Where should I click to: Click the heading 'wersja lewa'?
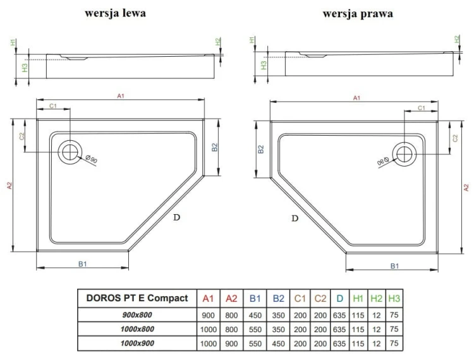coord(116,13)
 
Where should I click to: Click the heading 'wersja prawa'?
coord(357,13)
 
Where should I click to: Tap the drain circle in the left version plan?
coord(70,152)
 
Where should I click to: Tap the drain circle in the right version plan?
coord(403,152)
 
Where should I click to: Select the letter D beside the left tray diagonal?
coord(177,217)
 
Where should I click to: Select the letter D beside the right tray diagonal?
coord(295,219)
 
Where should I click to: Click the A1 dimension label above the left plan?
coord(120,96)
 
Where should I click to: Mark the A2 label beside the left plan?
coord(9,186)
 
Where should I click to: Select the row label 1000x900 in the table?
coord(137,344)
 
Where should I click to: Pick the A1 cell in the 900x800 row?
coord(209,315)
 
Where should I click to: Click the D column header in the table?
coord(340,299)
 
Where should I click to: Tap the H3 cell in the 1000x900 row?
coord(394,344)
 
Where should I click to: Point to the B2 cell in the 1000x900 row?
coord(277,344)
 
